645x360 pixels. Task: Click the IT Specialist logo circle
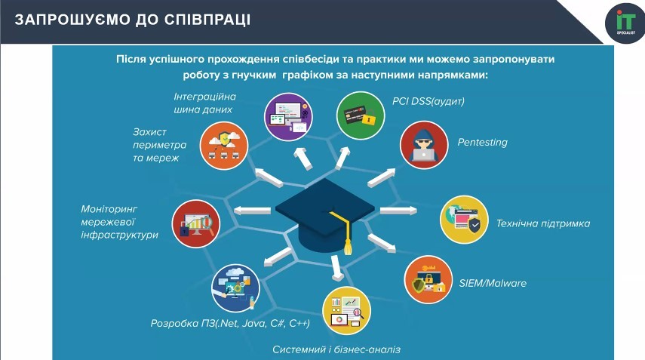click(x=625, y=23)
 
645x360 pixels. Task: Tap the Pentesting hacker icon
click(x=424, y=145)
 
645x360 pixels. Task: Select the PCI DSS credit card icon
click(x=361, y=115)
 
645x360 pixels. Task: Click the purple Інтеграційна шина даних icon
click(x=288, y=116)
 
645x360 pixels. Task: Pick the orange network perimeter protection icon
click(x=224, y=146)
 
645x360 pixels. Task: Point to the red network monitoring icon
click(x=196, y=224)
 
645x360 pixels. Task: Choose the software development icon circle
click(x=235, y=288)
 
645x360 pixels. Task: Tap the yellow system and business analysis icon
click(x=346, y=311)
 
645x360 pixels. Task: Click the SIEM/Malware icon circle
click(x=428, y=280)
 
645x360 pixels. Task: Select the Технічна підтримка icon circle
click(x=465, y=220)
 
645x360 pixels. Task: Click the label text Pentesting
click(x=483, y=143)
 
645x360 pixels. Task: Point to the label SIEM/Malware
click(x=493, y=283)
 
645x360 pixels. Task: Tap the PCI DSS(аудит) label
click(x=428, y=101)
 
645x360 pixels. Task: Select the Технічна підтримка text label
click(x=543, y=223)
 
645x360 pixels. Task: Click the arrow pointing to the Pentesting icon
click(x=381, y=177)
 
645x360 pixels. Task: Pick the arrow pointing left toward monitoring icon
click(x=252, y=211)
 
